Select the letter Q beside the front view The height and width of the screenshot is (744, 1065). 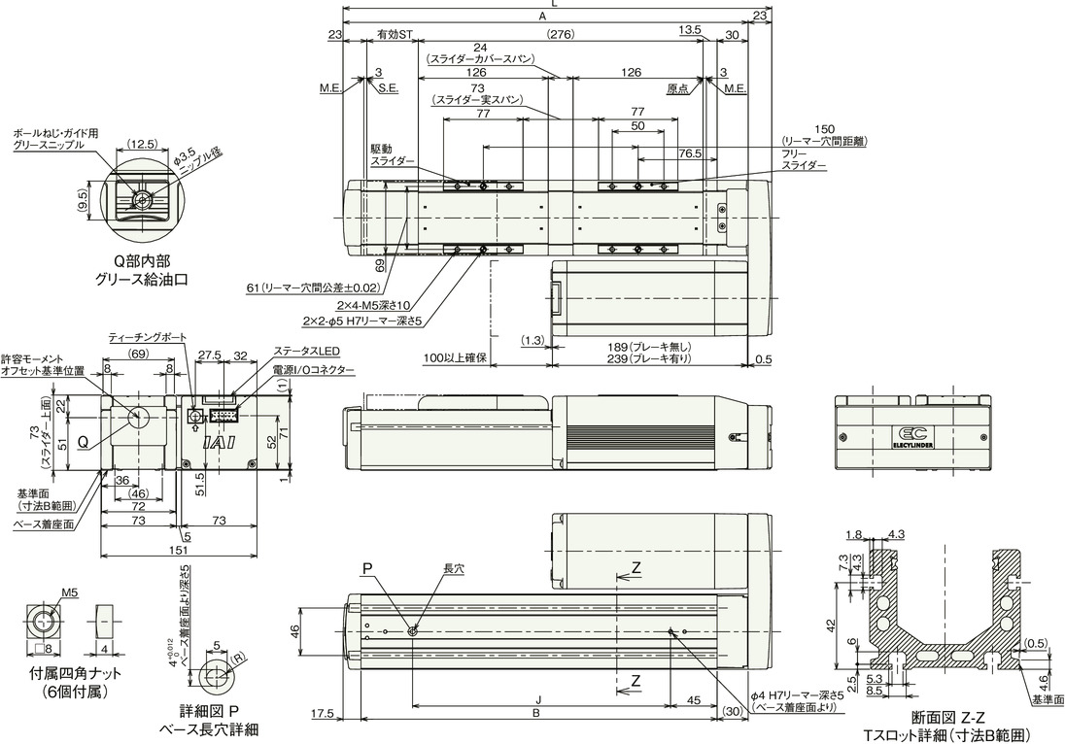coord(84,441)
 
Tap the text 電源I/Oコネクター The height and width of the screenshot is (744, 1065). coord(313,369)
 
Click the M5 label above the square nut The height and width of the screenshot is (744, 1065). coord(70,592)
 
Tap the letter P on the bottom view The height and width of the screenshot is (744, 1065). coord(367,567)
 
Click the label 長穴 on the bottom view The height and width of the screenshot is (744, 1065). coord(453,568)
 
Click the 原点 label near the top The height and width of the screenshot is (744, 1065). coord(677,87)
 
